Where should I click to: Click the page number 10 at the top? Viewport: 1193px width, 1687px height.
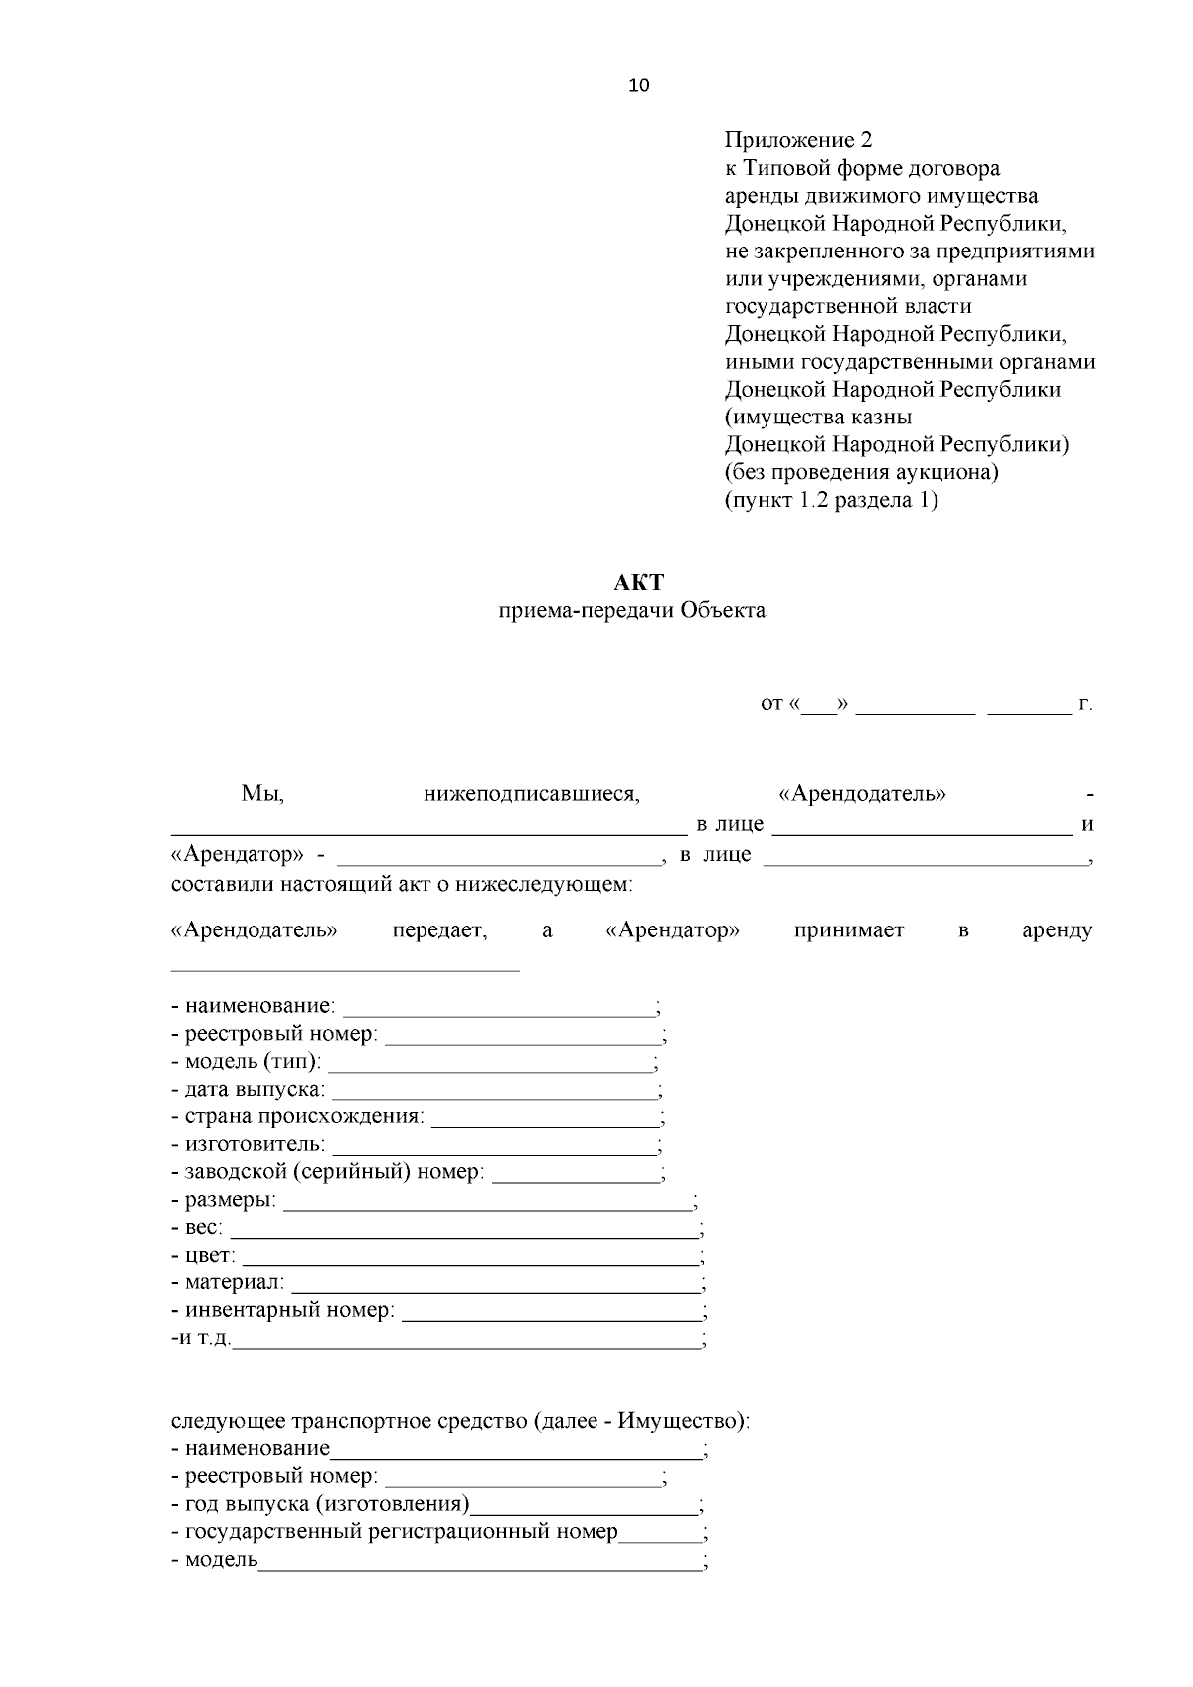click(x=639, y=86)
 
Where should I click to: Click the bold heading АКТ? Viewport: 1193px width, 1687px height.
click(x=638, y=582)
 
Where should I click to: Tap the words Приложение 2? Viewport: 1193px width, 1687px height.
click(x=797, y=140)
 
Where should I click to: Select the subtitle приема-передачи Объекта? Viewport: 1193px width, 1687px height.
click(x=631, y=610)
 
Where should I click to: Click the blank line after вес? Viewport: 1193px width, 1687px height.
click(x=463, y=1229)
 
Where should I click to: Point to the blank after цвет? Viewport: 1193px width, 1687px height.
click(x=470, y=1257)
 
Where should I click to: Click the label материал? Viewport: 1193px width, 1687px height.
click(x=228, y=1283)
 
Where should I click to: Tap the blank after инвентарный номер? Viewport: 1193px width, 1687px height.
click(x=551, y=1311)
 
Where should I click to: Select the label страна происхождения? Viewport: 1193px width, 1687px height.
click(x=297, y=1116)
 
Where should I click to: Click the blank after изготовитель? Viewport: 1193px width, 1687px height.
click(x=493, y=1145)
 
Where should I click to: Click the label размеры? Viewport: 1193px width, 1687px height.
click(x=224, y=1201)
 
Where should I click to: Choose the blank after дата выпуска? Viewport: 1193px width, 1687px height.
click(x=493, y=1090)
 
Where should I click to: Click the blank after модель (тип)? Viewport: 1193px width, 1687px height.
click(x=490, y=1062)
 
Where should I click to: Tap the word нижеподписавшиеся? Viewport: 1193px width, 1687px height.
click(x=532, y=795)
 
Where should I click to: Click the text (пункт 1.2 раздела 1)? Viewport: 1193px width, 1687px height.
click(x=831, y=500)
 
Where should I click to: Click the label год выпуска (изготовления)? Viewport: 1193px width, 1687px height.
click(x=320, y=1504)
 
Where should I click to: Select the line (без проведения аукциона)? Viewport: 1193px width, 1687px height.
click(x=861, y=472)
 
